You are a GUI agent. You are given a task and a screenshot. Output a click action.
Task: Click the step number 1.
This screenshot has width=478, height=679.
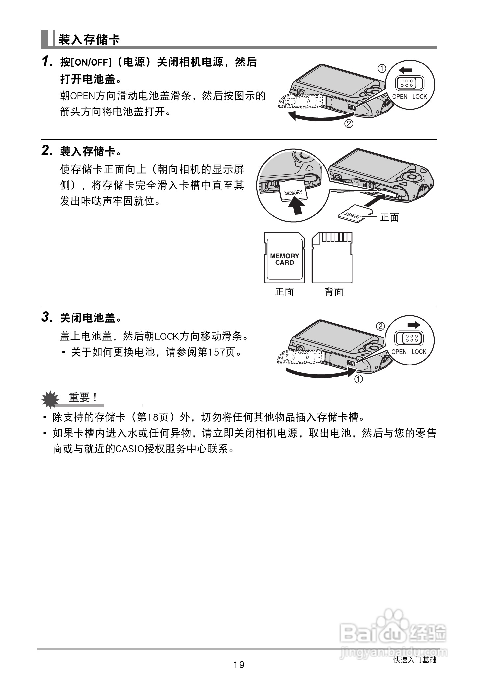coord(46,62)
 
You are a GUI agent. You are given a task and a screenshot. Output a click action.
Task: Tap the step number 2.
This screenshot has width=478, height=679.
coord(46,151)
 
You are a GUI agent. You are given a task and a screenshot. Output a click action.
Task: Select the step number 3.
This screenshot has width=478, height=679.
coord(46,317)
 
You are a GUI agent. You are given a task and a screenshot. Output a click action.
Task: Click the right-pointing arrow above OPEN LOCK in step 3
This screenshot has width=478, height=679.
coord(414,325)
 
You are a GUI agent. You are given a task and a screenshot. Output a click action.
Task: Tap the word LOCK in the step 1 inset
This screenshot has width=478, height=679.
coord(419,97)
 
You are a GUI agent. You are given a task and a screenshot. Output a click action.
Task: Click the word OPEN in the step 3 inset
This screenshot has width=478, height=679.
coord(399,352)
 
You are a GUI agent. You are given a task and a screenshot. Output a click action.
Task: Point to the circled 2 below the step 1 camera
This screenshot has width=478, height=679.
coord(349,124)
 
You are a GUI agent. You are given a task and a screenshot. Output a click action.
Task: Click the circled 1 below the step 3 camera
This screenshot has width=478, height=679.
coord(358,379)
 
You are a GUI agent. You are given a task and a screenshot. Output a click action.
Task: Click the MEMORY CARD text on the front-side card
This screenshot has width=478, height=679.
coord(284,259)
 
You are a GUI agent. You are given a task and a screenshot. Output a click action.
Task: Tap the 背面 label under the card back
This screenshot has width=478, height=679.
coord(334,292)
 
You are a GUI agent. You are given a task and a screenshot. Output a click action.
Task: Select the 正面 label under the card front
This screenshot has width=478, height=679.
coord(284,292)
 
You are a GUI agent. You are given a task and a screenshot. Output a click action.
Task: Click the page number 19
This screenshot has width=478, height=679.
coord(239,665)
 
